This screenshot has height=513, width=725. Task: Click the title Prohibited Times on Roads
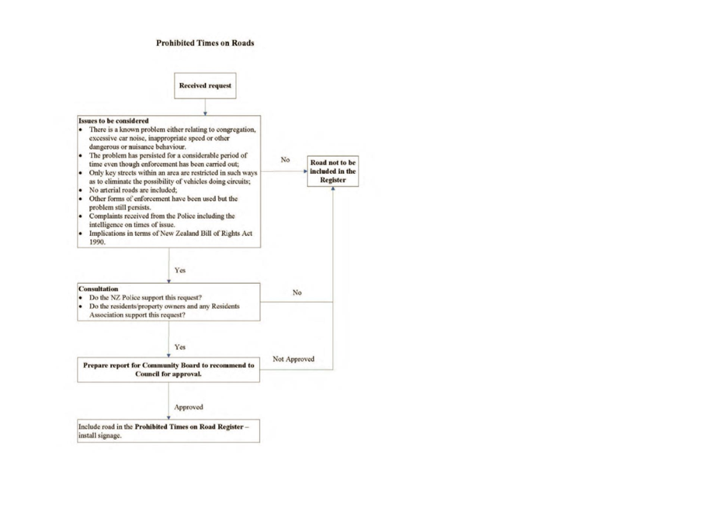coord(205,43)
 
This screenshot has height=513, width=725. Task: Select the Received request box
coord(205,85)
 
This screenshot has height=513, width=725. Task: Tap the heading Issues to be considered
coord(114,120)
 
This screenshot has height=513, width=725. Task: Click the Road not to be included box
coord(333,171)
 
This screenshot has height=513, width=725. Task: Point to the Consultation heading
coord(98,289)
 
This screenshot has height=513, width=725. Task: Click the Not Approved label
coord(293,359)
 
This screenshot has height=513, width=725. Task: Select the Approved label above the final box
coord(188,407)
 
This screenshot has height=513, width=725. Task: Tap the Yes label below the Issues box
coord(180,270)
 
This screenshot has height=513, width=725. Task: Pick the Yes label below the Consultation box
coord(180,347)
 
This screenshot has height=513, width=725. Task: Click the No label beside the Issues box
coord(285,159)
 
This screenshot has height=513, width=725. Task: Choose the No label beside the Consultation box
coord(297,293)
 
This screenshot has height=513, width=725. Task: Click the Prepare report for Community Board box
coord(168,369)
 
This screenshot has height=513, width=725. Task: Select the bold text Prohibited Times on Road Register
coord(189,427)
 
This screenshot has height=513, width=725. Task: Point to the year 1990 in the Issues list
coord(97,242)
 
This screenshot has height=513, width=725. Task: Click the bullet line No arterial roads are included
coord(134,190)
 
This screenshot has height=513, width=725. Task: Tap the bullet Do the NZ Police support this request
coord(145,297)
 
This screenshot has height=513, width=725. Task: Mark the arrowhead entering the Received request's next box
coord(205,113)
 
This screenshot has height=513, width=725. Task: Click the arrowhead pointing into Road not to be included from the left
coord(305,171)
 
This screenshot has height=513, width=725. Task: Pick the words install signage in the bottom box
coord(99,435)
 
